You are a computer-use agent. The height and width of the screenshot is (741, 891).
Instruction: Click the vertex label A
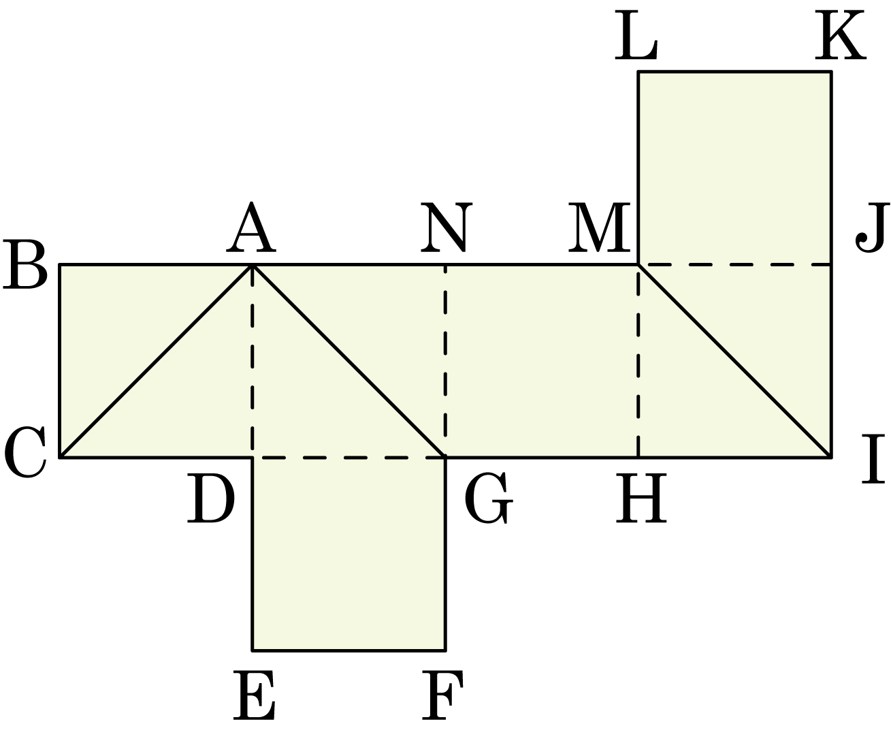click(251, 227)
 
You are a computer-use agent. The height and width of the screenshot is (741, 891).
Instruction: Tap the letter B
click(25, 265)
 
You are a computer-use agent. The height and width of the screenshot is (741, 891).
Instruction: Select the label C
click(25, 453)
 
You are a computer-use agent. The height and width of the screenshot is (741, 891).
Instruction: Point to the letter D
click(211, 499)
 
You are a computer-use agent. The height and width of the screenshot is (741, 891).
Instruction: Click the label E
click(255, 695)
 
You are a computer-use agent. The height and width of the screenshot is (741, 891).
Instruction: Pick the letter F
click(442, 695)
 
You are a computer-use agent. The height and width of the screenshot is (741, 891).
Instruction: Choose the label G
click(489, 498)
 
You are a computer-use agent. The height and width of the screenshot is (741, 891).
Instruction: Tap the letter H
click(641, 499)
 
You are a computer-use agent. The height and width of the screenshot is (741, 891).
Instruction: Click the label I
click(873, 459)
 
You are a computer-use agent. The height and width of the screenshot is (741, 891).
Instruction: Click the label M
click(599, 227)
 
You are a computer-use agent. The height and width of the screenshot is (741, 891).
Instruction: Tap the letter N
click(447, 227)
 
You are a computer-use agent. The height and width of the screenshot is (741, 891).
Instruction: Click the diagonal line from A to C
click(156, 362)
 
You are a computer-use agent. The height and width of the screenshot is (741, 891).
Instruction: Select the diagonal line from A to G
click(349, 362)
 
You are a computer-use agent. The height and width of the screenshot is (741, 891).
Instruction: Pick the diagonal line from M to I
click(735, 362)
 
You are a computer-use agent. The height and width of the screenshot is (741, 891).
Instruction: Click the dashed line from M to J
click(735, 265)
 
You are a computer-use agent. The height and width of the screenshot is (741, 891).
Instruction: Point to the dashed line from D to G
click(349, 458)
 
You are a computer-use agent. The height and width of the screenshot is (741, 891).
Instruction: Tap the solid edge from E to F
click(349, 650)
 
